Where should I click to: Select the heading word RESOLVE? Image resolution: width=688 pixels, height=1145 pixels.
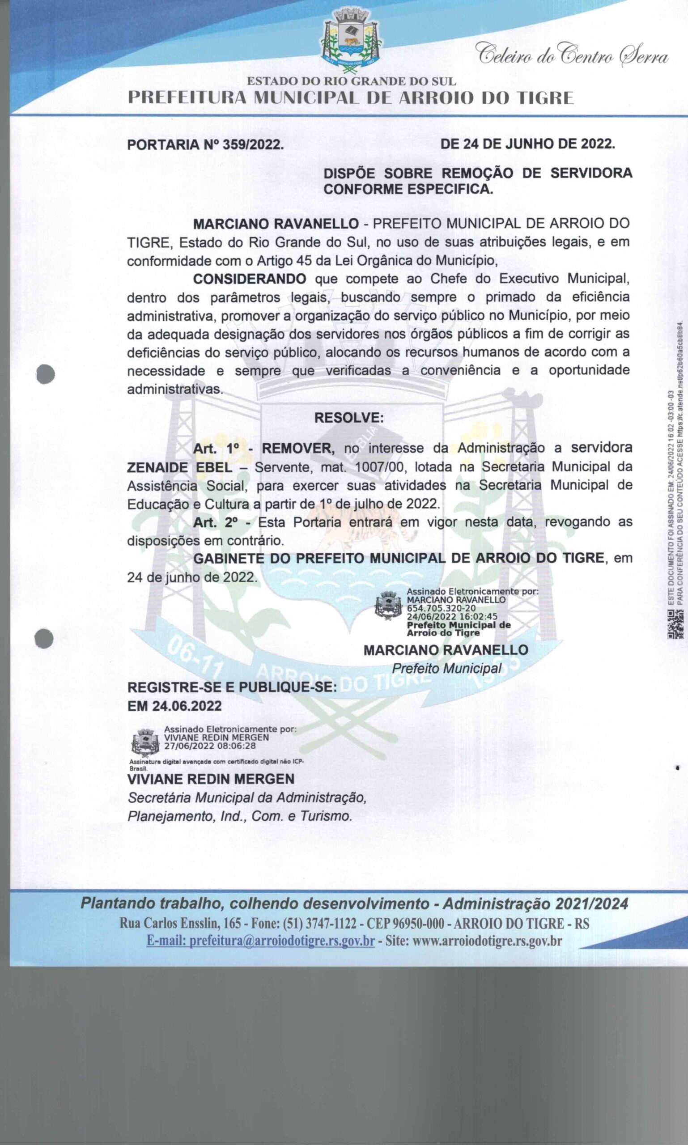[348, 418]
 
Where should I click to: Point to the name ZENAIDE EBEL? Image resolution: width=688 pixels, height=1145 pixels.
[179, 467]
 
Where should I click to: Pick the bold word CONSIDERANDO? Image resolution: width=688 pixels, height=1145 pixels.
[250, 279]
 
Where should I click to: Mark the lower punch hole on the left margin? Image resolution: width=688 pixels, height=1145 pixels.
[44, 638]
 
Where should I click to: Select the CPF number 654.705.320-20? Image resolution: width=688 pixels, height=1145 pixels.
[441, 608]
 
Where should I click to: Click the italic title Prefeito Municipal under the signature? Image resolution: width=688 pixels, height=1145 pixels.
[446, 668]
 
